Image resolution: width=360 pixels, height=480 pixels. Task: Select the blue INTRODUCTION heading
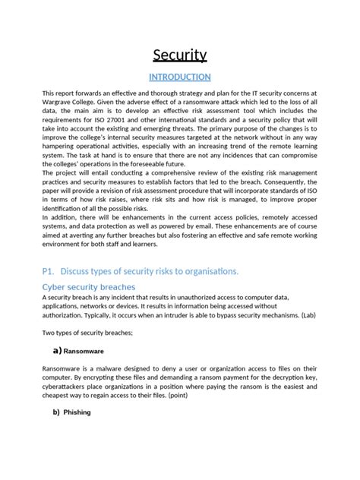[179, 77]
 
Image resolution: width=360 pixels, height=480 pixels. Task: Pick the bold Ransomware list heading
[87, 352]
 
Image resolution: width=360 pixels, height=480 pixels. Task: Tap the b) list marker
[56, 412]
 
